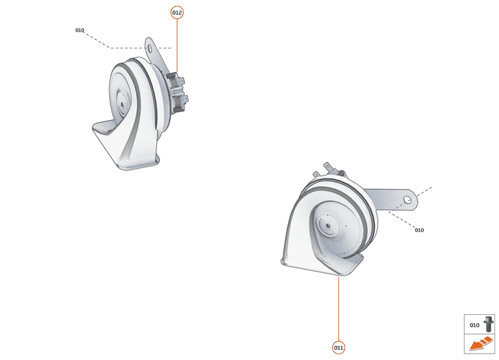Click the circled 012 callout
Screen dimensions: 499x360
(177, 13)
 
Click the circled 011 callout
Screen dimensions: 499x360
(338, 347)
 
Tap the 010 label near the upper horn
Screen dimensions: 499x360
(79, 30)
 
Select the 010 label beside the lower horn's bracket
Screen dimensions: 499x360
(419, 230)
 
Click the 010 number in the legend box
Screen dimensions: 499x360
(474, 325)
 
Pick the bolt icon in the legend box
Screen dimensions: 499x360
(489, 324)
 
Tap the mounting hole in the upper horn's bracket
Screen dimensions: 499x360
(150, 48)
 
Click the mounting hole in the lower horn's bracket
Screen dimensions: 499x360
(408, 200)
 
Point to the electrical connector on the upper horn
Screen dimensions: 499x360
(177, 92)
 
